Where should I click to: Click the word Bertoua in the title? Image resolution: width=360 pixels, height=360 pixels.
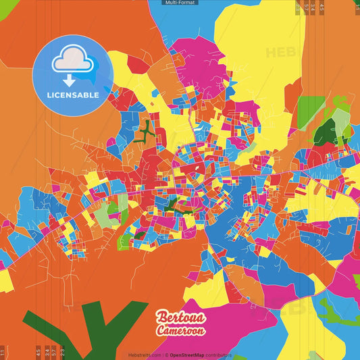point(179,317)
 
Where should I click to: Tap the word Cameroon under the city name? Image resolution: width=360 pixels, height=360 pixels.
point(180,330)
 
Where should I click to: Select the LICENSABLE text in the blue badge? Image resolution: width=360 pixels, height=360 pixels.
point(73,95)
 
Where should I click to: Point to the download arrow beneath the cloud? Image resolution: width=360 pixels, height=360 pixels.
point(70,80)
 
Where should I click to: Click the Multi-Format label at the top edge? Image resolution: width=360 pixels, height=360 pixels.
point(180,3)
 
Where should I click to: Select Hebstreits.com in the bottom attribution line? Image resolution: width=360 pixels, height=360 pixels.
point(145,355)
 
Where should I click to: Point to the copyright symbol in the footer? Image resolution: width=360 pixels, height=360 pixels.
point(166,355)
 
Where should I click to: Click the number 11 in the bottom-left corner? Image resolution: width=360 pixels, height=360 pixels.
point(3,353)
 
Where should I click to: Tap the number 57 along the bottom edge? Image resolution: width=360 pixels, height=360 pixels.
point(54,351)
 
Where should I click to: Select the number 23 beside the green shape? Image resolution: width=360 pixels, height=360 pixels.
point(62,351)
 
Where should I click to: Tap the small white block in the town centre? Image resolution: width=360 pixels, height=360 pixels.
point(197,165)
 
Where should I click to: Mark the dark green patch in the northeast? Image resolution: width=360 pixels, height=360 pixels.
point(325,132)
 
